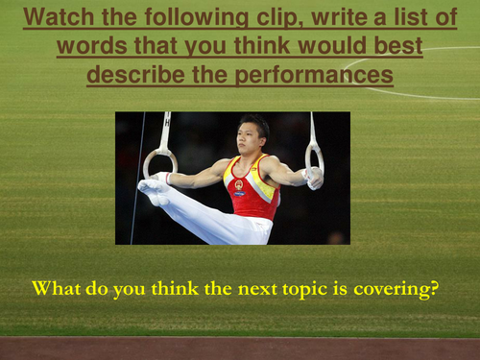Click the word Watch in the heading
click(x=60, y=16)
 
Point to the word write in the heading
click(x=348, y=16)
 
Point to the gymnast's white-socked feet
click(x=153, y=188)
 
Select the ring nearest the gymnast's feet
click(x=160, y=162)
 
